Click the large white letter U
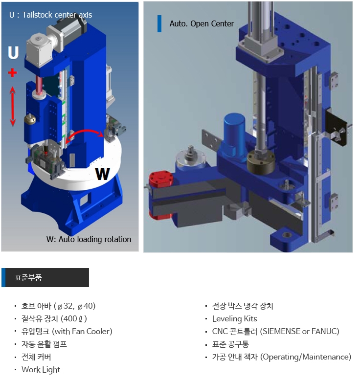[x=13, y=52]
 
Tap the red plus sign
[x=12, y=72]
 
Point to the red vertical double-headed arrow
[x=13, y=107]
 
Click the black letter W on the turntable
[x=103, y=174]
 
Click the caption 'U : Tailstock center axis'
[x=51, y=15]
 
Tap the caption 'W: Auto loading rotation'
[x=89, y=239]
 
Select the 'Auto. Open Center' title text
[x=202, y=23]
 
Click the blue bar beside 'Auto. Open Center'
[x=159, y=23]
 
